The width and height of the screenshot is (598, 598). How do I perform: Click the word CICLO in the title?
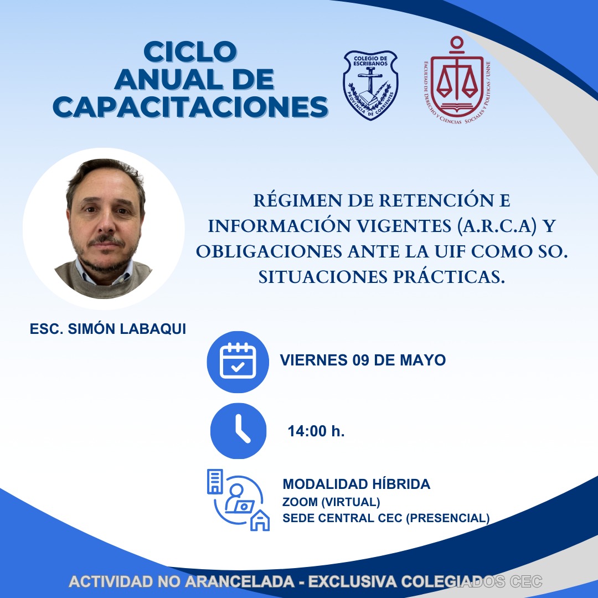pyautogui.click(x=190, y=52)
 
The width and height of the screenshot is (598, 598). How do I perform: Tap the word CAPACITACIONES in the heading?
pyautogui.click(x=190, y=107)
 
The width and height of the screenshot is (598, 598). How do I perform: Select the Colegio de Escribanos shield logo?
pyautogui.click(x=370, y=85)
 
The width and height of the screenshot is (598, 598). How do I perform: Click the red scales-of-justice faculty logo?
pyautogui.click(x=457, y=80)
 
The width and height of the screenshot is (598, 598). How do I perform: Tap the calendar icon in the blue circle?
pyautogui.click(x=238, y=362)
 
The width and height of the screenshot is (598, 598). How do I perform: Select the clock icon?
pyautogui.click(x=238, y=431)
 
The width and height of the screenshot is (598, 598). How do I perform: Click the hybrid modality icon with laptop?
pyautogui.click(x=238, y=500)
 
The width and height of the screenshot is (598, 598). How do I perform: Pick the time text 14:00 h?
pyautogui.click(x=316, y=431)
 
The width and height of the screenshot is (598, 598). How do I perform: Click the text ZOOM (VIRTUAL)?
pyautogui.click(x=331, y=502)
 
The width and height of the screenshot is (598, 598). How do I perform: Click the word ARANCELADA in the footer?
pyautogui.click(x=240, y=581)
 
